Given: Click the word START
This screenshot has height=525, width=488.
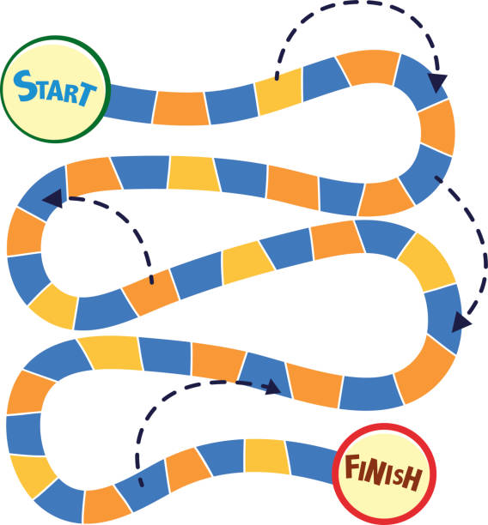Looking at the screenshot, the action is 55,87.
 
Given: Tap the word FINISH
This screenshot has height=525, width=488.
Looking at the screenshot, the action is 383,472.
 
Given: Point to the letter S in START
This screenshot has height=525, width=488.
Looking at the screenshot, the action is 24,86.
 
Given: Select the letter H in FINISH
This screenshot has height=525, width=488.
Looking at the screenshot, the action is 412,479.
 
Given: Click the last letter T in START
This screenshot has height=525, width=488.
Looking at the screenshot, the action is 87,94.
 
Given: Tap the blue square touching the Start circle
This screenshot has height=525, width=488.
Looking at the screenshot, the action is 131,104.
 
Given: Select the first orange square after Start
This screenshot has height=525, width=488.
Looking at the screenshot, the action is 180,108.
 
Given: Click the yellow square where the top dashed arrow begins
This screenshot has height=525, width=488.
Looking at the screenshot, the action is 279,91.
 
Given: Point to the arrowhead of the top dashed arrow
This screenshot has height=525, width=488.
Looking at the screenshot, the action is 437,82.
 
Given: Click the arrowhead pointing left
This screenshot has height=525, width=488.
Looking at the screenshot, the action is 53,198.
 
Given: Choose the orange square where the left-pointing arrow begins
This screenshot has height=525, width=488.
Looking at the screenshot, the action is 150,292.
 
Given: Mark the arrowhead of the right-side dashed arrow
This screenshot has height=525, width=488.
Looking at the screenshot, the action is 461,323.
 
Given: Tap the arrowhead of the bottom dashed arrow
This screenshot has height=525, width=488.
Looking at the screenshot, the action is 272,388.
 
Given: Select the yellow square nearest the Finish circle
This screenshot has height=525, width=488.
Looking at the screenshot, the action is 267,456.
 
